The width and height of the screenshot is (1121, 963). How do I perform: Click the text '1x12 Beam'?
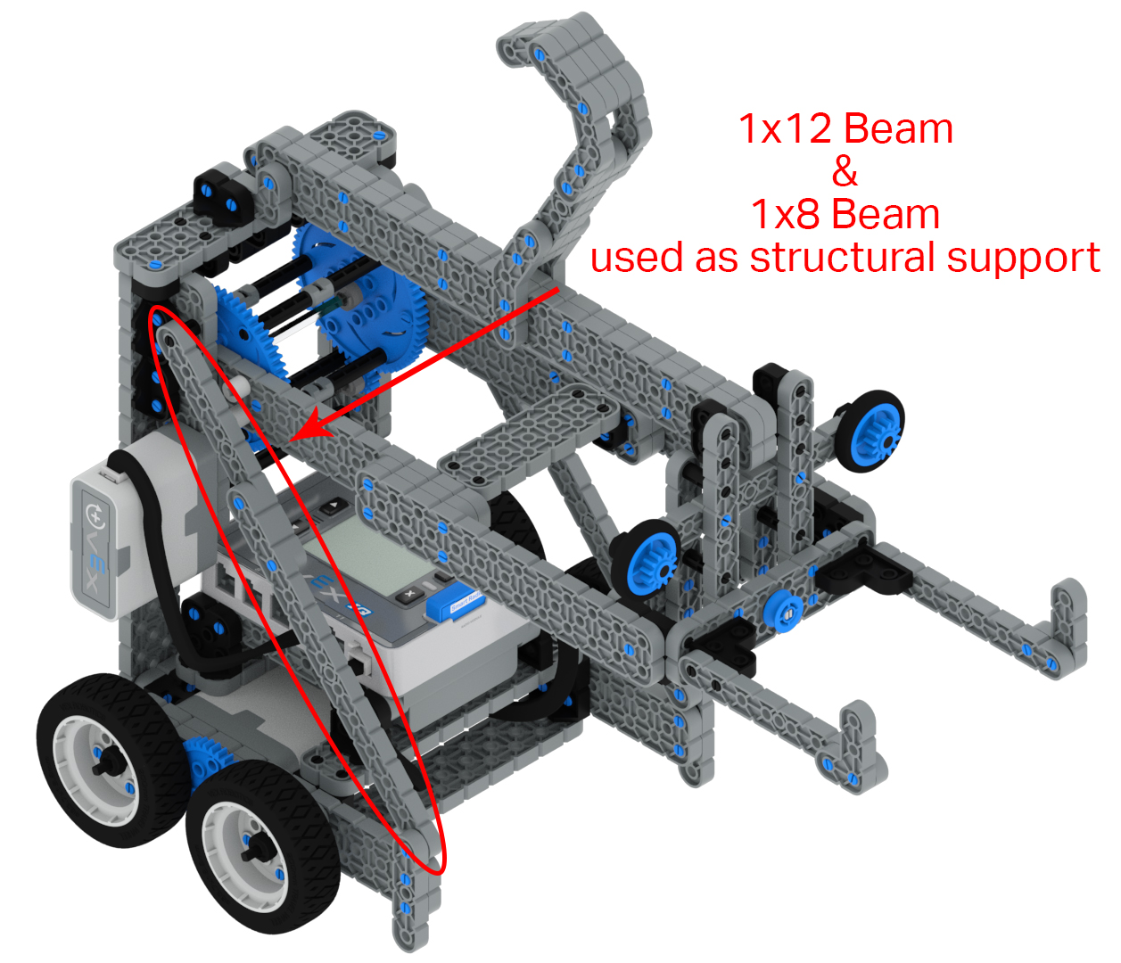845,129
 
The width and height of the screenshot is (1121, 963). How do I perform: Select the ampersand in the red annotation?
845,171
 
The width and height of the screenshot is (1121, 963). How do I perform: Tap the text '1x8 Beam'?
845,214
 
